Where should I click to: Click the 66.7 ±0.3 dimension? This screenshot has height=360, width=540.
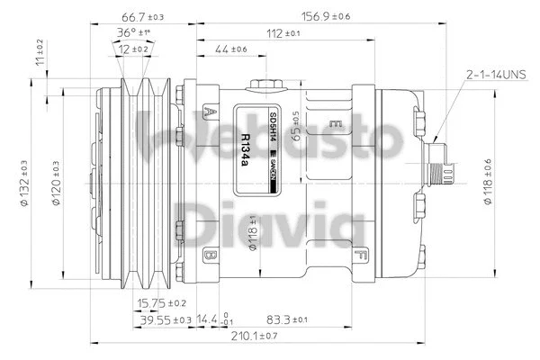pos(142,17)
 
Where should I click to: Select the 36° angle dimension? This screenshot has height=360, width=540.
pos(133,33)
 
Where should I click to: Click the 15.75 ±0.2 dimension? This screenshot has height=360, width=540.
pos(163,302)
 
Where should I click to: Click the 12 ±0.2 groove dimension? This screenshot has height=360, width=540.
pos(133,49)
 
